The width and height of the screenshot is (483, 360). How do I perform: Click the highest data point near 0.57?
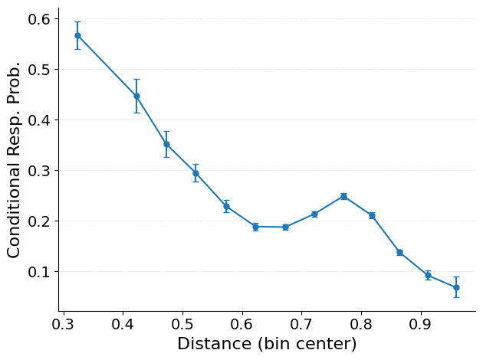[77, 35]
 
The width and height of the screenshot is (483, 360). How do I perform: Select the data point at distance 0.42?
[136, 96]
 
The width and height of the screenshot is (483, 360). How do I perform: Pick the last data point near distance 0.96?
[456, 287]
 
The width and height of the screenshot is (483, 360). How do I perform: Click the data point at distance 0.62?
[255, 227]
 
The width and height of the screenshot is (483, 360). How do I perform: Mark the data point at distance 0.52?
[195, 173]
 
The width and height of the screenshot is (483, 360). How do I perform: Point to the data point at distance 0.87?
[399, 252]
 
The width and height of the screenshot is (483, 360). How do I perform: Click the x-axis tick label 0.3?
[64, 324]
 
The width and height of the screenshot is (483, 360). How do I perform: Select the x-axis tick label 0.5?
[182, 324]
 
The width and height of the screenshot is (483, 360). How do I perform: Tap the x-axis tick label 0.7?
[301, 324]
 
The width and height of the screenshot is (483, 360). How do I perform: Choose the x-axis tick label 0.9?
[421, 324]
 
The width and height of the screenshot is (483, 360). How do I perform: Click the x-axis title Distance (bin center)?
[267, 344]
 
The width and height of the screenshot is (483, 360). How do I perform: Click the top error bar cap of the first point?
[77, 22]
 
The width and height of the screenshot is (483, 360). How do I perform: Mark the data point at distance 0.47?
[166, 144]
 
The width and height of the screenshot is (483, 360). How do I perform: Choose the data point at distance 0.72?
[314, 214]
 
